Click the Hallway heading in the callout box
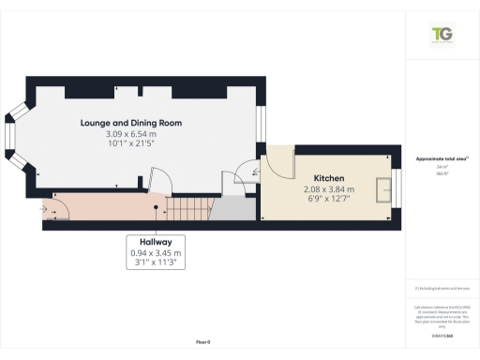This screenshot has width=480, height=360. pos(157,241)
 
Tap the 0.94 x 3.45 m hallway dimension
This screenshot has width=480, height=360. pos(157,252)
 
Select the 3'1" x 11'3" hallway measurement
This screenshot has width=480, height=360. pos(157,263)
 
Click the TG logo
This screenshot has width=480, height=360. pos(442,36)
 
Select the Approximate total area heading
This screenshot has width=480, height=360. pos(442,157)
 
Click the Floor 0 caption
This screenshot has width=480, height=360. pos(202,344)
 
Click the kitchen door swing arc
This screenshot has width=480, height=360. pos(278,161)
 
